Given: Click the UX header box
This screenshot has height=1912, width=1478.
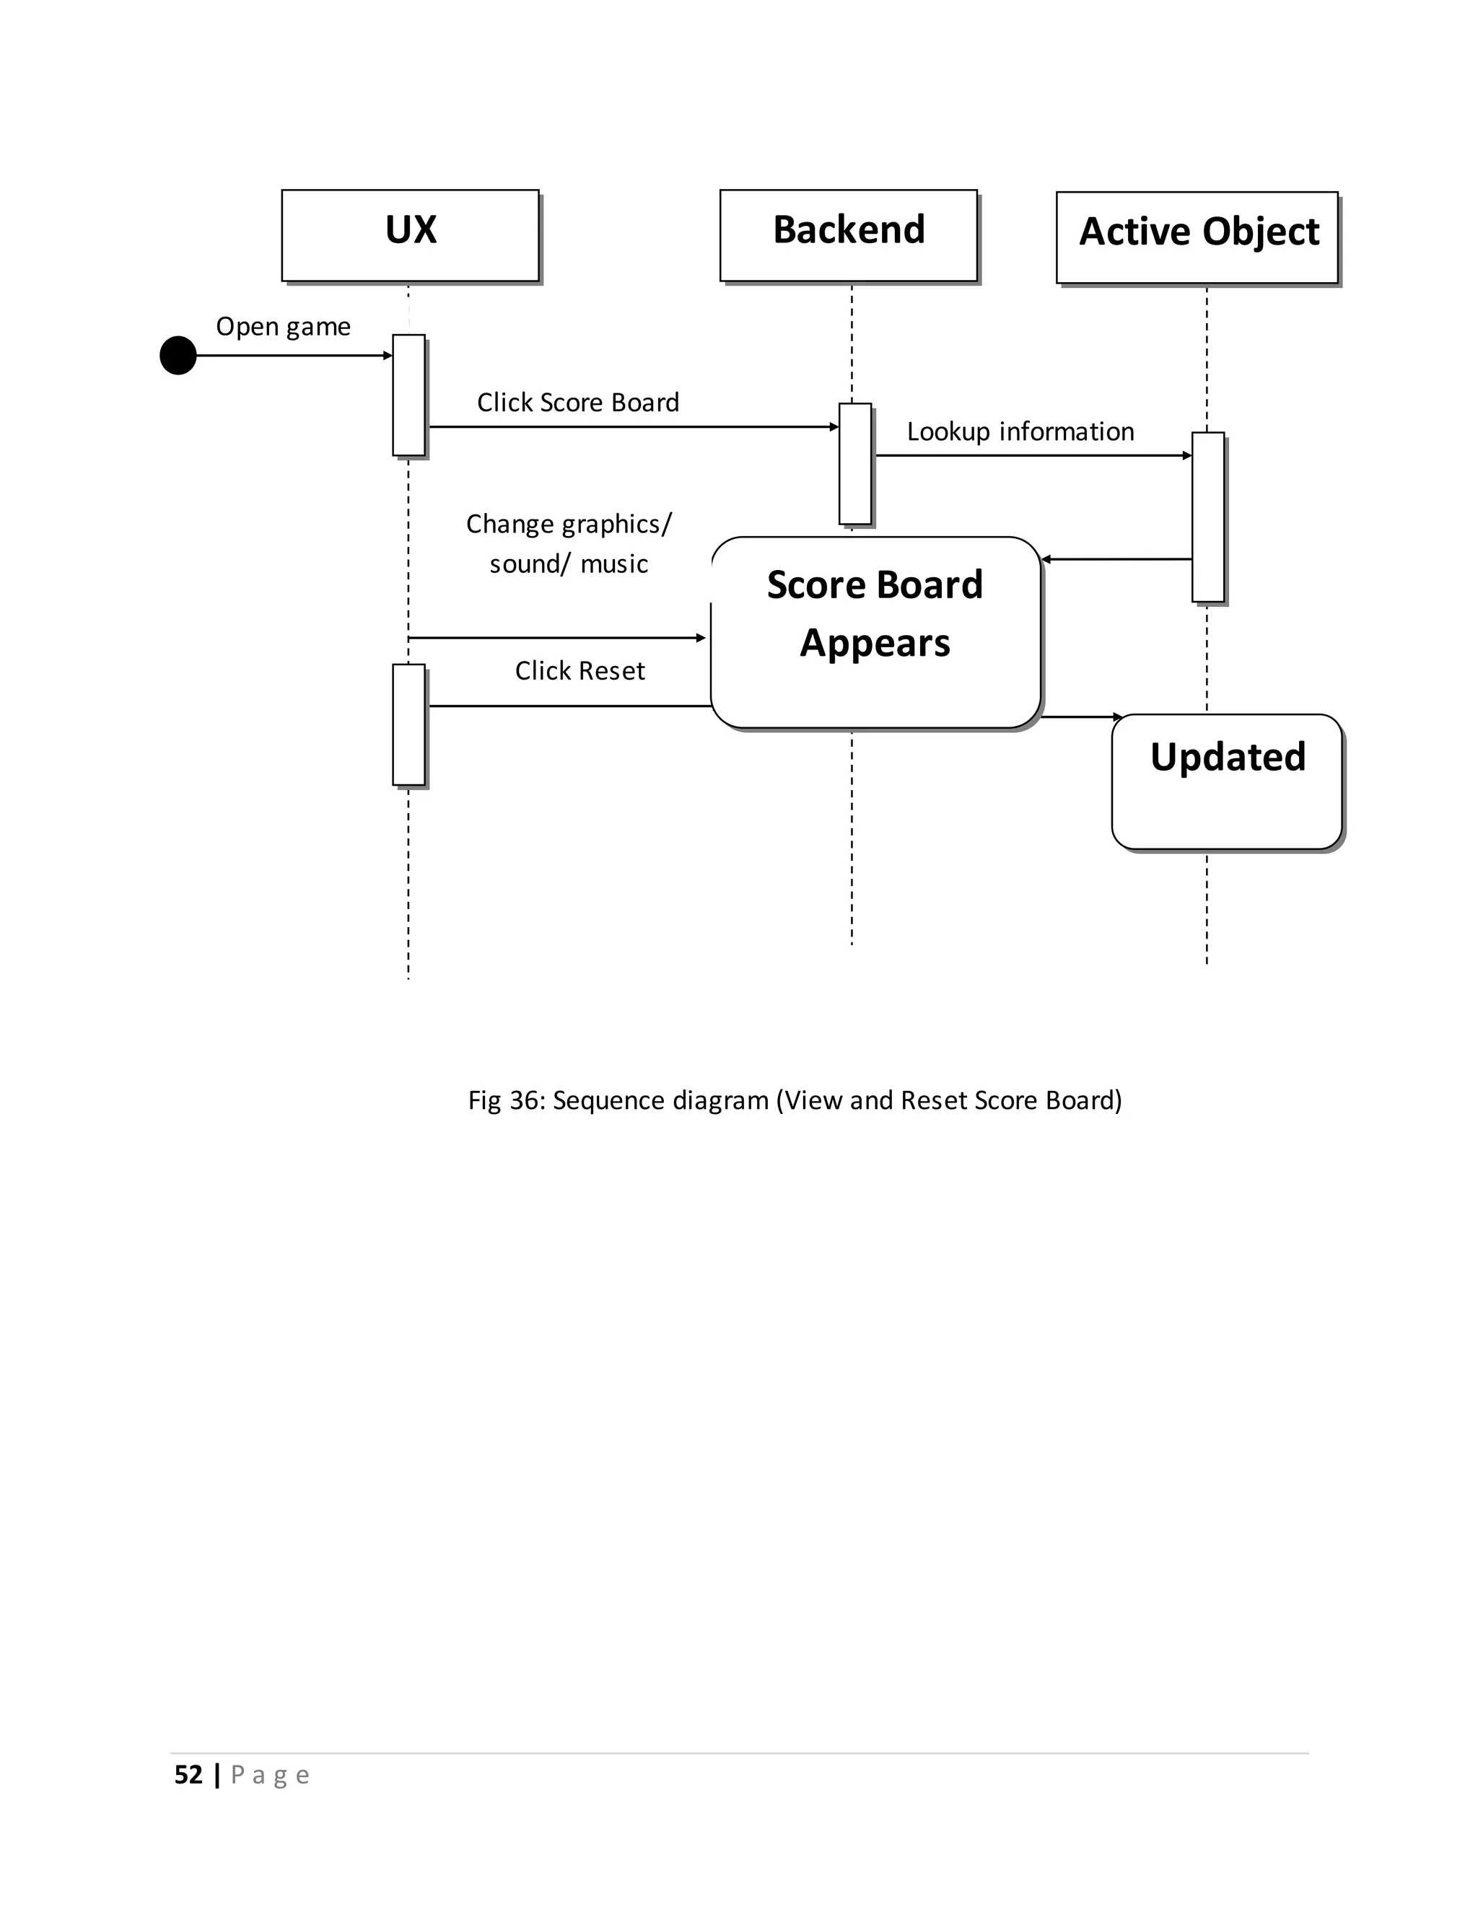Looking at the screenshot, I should pyautogui.click(x=410, y=234).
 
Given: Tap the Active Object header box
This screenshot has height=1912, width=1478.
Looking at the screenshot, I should pyautogui.click(x=1197, y=237).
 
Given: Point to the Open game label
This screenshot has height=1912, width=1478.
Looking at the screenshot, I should pyautogui.click(x=283, y=327).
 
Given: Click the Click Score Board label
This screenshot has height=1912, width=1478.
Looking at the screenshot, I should pyautogui.click(x=578, y=403).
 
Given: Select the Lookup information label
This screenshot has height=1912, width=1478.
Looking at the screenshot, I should pyautogui.click(x=1020, y=431).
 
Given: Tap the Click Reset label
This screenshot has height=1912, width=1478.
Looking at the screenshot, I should pyautogui.click(x=580, y=670).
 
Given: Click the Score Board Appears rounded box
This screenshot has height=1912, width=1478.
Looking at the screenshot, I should pyautogui.click(x=875, y=631).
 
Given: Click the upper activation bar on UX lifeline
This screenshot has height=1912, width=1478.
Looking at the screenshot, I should pyautogui.click(x=409, y=395).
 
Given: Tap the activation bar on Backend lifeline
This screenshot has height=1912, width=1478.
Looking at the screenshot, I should pyautogui.click(x=855, y=463).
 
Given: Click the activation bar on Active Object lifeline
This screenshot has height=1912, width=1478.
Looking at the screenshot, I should pyautogui.click(x=1207, y=517).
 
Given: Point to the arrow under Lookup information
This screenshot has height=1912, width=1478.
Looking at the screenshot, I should pyautogui.click(x=1033, y=455).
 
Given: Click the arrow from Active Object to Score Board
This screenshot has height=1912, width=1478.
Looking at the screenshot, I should pyautogui.click(x=1116, y=558).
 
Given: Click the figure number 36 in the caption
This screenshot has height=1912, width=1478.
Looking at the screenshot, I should pyautogui.click(x=525, y=1100).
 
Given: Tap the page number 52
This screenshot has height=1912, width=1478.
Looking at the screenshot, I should pyautogui.click(x=188, y=1775).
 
